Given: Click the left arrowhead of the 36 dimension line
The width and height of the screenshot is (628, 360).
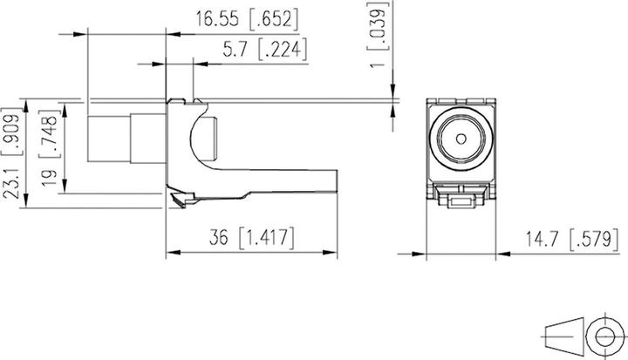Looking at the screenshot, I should pos(171,254).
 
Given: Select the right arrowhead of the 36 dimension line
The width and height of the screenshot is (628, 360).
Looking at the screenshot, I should pos(334,254).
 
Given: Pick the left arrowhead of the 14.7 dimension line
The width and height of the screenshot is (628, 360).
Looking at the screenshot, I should pos(428,254).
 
